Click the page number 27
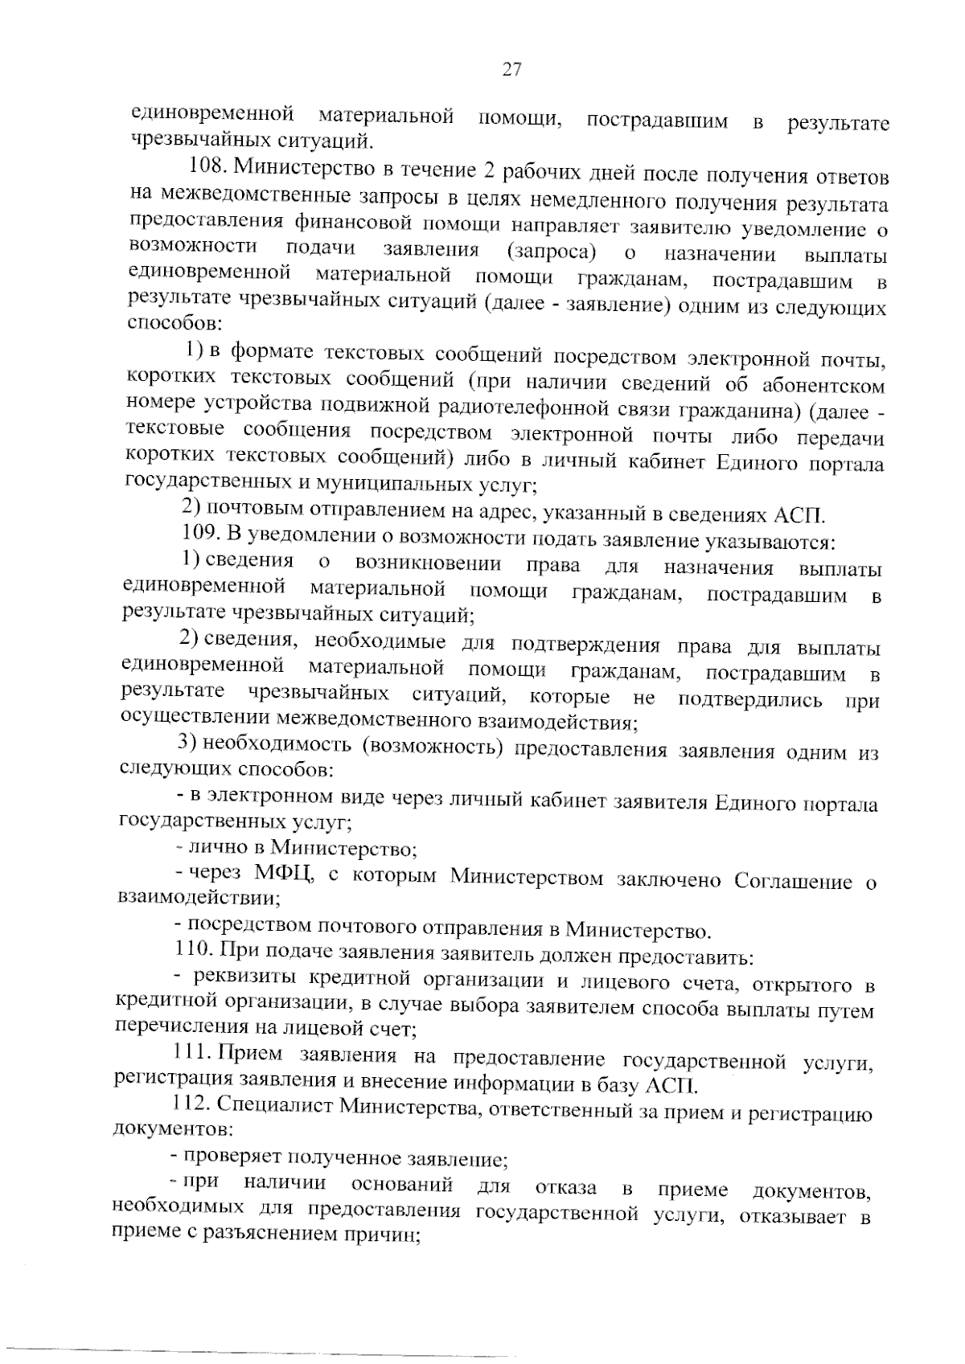(512, 70)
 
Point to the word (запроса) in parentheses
(552, 252)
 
